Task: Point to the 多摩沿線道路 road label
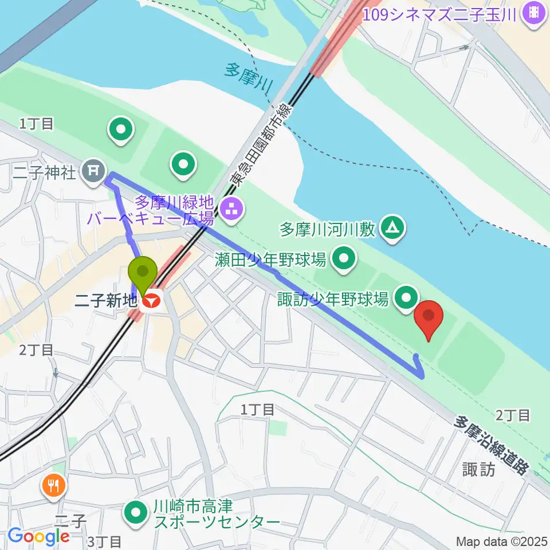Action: pyautogui.click(x=490, y=443)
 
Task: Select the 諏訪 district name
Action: pyautogui.click(x=479, y=469)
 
